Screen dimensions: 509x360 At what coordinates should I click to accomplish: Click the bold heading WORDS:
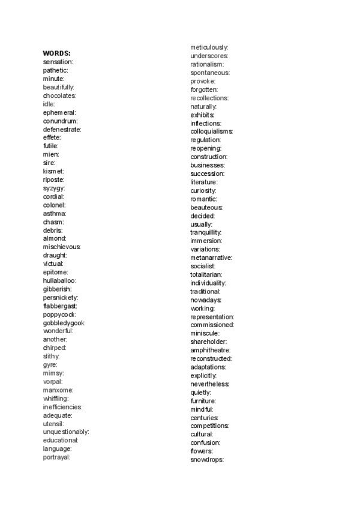pyautogui.click(x=56, y=53)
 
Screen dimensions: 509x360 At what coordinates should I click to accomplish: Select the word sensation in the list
pyautogui.click(x=58, y=62)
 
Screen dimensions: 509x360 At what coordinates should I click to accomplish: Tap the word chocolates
pyautogui.click(x=59, y=95)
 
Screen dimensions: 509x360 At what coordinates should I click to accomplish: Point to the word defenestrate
pyautogui.click(x=62, y=129)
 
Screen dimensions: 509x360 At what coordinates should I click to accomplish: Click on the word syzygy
pyautogui.click(x=53, y=188)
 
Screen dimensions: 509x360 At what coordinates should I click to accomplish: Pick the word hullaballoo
pyautogui.click(x=59, y=280)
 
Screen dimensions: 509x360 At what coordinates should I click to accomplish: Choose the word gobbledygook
pyautogui.click(x=64, y=322)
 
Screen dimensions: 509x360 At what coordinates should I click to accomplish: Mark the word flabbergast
pyautogui.click(x=60, y=306)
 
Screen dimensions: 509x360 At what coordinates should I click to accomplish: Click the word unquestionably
pyautogui.click(x=66, y=432)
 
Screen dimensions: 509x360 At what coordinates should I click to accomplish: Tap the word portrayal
pyautogui.click(x=56, y=457)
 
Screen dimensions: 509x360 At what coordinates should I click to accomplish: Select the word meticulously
pyautogui.click(x=209, y=47)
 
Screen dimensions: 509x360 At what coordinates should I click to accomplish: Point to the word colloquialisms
pyautogui.click(x=211, y=131)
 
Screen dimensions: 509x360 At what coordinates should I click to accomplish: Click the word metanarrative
pyautogui.click(x=211, y=258)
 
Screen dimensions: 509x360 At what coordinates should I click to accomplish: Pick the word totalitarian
pyautogui.click(x=206, y=274)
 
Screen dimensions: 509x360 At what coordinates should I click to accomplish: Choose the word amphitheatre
pyautogui.click(x=210, y=350)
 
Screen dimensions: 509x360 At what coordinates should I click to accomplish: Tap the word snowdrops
pyautogui.click(x=206, y=459)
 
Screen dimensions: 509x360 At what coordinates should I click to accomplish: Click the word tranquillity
pyautogui.click(x=206, y=232)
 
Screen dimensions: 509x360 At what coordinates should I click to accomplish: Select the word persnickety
pyautogui.click(x=60, y=297)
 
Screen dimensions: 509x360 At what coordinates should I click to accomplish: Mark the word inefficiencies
pyautogui.click(x=62, y=406)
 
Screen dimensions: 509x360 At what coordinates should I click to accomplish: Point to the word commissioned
pyautogui.click(x=212, y=325)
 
